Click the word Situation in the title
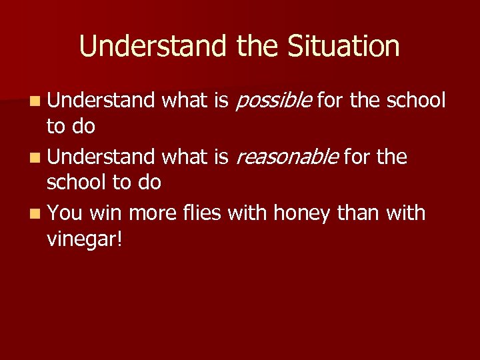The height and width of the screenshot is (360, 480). (344, 47)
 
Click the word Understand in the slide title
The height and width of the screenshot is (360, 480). (154, 47)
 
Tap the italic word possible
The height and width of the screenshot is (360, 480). (274, 101)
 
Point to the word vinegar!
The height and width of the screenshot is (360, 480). (85, 240)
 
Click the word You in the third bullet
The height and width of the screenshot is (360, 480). (65, 213)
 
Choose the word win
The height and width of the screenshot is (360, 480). (105, 213)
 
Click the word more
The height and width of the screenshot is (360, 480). (152, 213)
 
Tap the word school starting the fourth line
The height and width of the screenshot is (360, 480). (79, 183)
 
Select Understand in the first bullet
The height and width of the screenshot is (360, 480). (101, 101)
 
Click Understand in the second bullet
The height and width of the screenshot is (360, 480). (101, 157)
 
